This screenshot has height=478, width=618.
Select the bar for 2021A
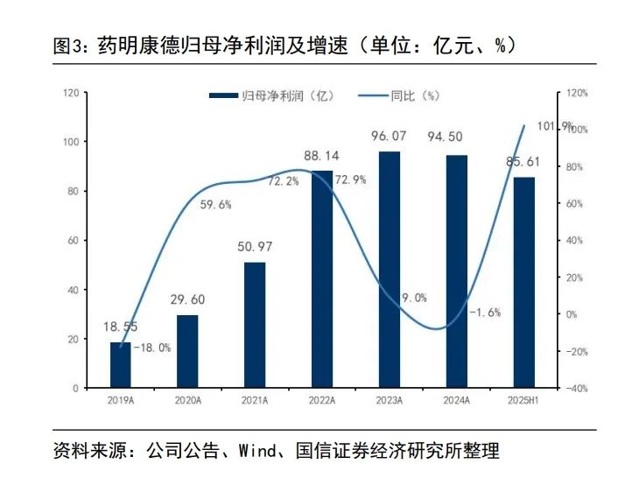255,325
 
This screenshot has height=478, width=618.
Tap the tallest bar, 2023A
389,270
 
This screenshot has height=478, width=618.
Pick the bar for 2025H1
523,282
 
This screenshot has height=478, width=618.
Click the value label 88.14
321,156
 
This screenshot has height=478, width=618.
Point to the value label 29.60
187,299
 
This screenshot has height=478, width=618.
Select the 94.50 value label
456,137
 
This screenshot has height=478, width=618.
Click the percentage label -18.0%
152,348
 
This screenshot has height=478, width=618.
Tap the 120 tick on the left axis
71,93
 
